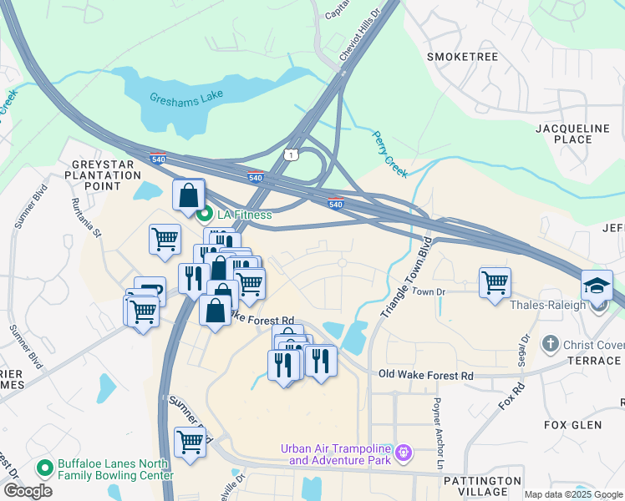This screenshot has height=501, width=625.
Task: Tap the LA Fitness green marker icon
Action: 205,215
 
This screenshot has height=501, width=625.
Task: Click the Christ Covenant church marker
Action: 550,344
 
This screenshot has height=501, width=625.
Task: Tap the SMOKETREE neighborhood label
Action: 462,57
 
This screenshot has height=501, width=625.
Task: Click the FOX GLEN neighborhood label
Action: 572,425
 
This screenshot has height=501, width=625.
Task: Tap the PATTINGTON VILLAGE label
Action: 483,487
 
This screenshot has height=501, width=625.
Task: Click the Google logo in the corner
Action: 28,491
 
